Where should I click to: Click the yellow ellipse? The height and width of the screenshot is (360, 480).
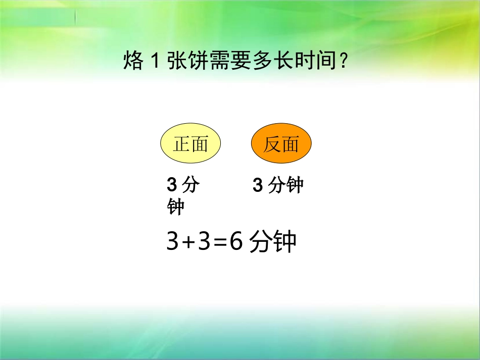(190, 145)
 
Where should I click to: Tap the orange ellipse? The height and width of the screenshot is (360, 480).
(281, 145)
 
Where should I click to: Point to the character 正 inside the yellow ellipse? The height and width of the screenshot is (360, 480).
(182, 145)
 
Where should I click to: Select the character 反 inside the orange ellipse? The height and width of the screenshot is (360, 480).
(272, 145)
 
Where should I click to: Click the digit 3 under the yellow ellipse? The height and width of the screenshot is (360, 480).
(171, 186)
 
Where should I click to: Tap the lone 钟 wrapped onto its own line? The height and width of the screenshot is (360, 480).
(175, 207)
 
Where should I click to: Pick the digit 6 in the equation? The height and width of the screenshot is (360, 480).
(235, 242)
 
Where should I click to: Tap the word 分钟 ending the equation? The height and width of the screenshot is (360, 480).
(273, 242)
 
